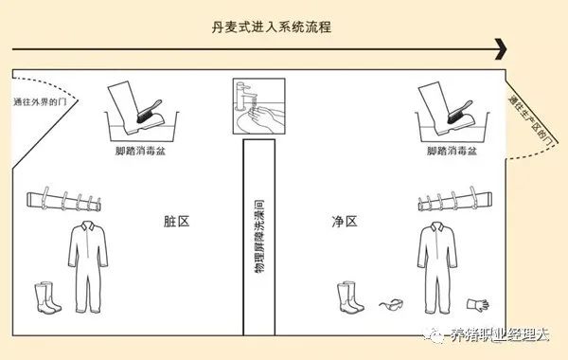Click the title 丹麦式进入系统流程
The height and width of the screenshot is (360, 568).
point(272,27)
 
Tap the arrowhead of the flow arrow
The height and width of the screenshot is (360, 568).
point(501,49)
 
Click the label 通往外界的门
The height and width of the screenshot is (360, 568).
point(40,102)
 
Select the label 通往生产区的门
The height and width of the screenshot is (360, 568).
point(531,120)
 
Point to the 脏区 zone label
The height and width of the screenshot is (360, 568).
point(177,221)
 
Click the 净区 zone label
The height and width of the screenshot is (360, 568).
point(345,221)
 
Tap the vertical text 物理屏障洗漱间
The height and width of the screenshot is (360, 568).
point(259,236)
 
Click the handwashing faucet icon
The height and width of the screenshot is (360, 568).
point(258,106)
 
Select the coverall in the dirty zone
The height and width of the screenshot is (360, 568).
point(88,267)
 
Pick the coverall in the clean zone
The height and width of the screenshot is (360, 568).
point(437,267)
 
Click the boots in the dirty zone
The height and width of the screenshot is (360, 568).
point(47,297)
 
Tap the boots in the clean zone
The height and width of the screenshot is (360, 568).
point(350,297)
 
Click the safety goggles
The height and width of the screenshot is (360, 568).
point(391,305)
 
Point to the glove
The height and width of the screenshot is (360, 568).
point(478,305)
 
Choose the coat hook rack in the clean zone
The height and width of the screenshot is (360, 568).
point(455,200)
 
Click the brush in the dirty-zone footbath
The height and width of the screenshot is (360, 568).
point(149,111)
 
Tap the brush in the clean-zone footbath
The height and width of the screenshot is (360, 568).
point(459,112)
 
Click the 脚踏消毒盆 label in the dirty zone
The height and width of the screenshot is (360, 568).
point(140,151)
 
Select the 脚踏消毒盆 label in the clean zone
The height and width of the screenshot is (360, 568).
point(452,151)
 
